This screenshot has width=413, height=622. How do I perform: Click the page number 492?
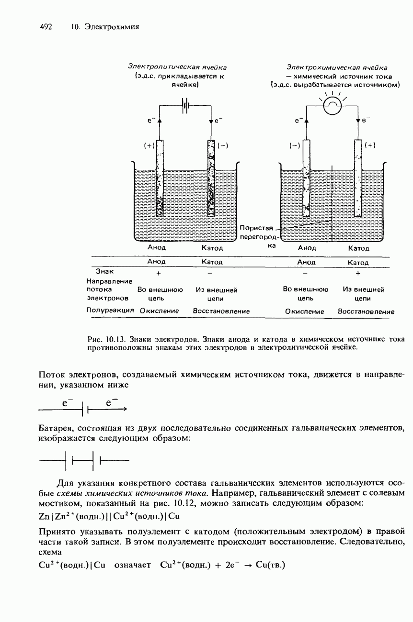(x=46, y=27)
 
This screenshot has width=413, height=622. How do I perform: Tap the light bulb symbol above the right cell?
(x=332, y=106)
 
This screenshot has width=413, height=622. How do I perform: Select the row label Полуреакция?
(x=110, y=311)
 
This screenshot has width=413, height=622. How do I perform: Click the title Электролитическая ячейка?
(x=177, y=67)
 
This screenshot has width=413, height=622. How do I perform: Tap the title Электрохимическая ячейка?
(x=337, y=67)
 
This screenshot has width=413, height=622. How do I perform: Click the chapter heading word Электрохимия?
(x=112, y=27)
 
